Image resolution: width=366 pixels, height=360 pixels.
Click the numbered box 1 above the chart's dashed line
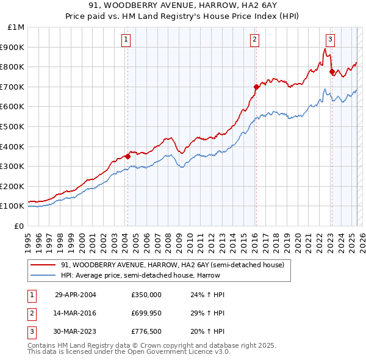[x=126, y=40]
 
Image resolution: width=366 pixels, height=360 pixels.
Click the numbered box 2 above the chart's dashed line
[x=254, y=40]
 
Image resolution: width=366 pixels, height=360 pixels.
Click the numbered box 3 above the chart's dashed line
[x=330, y=40]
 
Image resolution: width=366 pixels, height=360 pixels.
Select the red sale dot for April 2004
[x=127, y=156]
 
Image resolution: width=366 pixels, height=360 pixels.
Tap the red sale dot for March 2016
[x=256, y=87]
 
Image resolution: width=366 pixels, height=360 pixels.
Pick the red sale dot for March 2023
[x=332, y=71]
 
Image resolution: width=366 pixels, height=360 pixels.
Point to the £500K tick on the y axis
[x=13, y=126]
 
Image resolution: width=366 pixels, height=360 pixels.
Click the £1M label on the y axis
[x=16, y=27]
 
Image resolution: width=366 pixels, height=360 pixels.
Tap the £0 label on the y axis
[x=20, y=226]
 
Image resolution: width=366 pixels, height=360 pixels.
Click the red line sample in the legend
[x=43, y=265]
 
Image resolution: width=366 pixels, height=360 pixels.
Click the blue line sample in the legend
[x=43, y=275]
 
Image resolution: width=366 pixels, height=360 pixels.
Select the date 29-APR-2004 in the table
[x=75, y=295]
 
